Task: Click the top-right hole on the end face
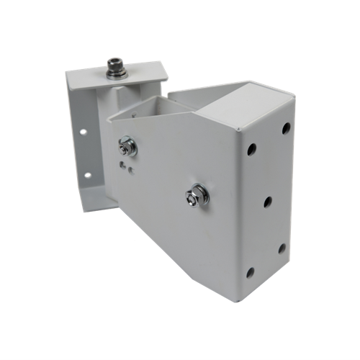286,128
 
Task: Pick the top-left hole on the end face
251,151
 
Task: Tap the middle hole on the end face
267,202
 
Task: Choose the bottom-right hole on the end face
282,248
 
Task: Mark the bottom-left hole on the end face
250,272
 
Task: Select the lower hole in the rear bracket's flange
86,175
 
